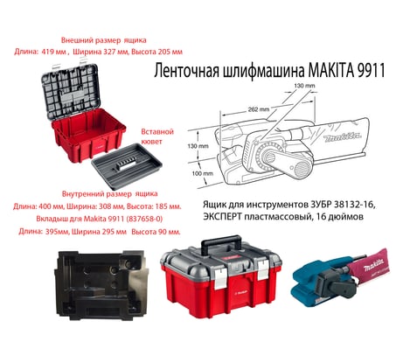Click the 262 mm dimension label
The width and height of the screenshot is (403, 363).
pos(259,109)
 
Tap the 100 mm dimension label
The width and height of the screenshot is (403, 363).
pos(203,174)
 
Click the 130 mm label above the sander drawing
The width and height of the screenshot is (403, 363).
pos(304,86)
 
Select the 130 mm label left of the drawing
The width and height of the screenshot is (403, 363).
pos(198,146)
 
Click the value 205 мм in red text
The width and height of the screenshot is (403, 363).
pos(170,52)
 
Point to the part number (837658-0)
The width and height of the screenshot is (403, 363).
pos(144,219)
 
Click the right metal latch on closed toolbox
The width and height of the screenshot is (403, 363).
pos(263,269)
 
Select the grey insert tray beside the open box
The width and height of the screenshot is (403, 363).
pos(127,166)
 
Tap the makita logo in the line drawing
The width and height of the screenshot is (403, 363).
pos(343,136)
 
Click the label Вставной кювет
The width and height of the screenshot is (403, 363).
pos(157,136)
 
